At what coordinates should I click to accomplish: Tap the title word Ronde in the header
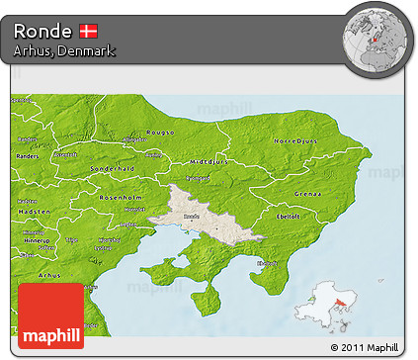pyautogui.click(x=42, y=31)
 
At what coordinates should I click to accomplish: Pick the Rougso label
pyautogui.click(x=161, y=131)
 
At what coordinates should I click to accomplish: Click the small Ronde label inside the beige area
pyautogui.click(x=192, y=216)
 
